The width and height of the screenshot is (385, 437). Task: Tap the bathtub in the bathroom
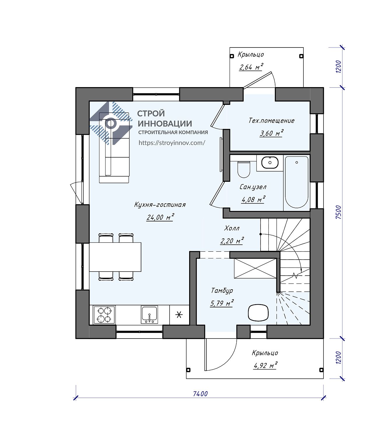point(296,182)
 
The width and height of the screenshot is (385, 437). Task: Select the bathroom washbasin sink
point(270,163)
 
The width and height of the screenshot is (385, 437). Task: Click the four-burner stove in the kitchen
point(105,315)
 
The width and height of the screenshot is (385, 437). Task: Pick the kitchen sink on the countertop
point(149,315)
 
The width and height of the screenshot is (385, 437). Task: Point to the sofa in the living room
point(114,148)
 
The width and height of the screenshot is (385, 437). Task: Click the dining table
point(115,257)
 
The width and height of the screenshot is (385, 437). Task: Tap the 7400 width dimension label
point(200,394)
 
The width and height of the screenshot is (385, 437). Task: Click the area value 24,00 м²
point(160,217)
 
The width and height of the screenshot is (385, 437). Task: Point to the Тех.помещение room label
point(272,120)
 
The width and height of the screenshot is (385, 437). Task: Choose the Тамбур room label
point(222,290)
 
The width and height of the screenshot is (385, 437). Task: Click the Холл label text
point(232,228)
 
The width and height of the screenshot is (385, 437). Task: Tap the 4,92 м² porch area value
point(265,365)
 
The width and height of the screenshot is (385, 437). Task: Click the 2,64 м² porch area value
point(251,67)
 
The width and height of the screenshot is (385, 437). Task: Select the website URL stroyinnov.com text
point(172,143)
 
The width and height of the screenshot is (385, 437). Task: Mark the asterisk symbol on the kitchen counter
point(179,315)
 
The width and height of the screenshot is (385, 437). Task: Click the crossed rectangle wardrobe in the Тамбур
point(255,268)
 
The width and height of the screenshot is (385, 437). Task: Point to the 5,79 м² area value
point(222,303)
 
